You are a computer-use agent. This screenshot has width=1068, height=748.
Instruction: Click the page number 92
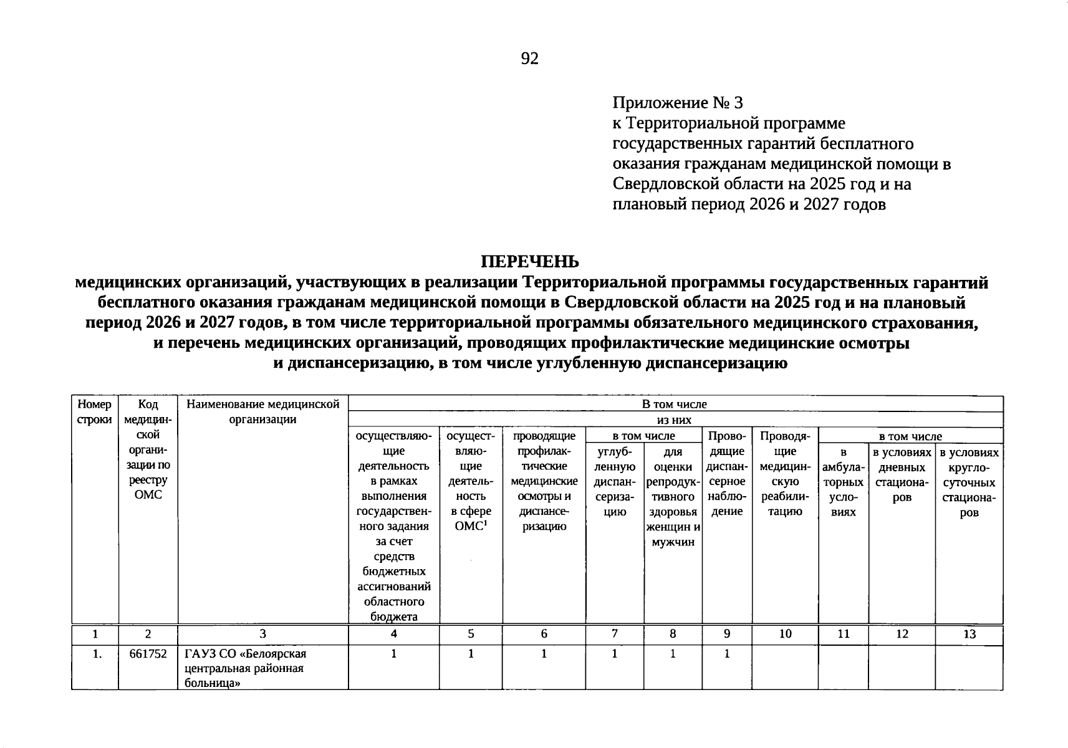coord(529,59)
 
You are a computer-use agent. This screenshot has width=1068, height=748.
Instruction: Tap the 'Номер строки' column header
coord(95,411)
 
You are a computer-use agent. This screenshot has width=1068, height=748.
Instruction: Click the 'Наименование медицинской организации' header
coord(262,411)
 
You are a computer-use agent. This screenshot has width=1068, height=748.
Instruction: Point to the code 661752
coord(148,654)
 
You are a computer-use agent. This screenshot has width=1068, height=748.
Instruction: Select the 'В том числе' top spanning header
coord(675,404)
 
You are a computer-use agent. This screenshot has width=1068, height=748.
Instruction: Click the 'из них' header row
coord(675,420)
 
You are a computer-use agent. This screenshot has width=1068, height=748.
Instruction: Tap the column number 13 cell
coord(968,635)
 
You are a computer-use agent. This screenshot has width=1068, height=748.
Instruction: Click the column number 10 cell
coord(785,635)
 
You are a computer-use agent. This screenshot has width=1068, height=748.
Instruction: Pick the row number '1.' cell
coord(95,654)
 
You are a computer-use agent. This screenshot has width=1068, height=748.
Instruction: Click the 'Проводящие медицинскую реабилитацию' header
coord(785,474)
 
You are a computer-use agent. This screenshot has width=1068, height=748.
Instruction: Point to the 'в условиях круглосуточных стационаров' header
coord(968,482)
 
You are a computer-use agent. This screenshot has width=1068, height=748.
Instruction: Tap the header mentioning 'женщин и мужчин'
coord(673,497)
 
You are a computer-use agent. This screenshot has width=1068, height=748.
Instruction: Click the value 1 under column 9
coord(726,654)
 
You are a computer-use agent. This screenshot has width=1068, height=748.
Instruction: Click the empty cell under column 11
coord(843,667)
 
